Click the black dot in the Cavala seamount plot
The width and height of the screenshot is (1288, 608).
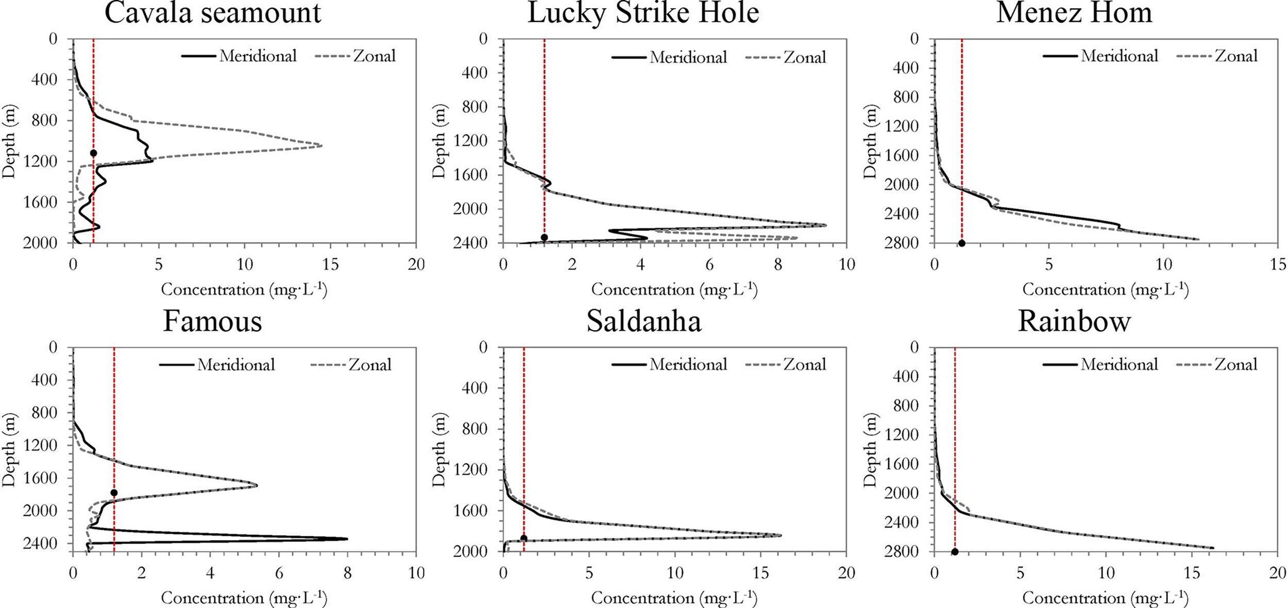pos(93,153)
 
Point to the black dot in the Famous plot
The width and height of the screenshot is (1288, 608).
pos(114,493)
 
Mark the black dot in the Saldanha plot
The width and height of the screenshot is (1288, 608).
pos(523,538)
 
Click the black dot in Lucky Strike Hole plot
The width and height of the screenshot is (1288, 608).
pos(544,238)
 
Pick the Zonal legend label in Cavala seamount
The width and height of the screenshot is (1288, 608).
pos(374,56)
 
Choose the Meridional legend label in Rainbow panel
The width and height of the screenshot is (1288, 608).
pos(1119,364)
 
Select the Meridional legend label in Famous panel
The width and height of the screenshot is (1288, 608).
pos(236,365)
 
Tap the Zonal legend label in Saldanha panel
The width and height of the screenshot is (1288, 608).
pos(805,364)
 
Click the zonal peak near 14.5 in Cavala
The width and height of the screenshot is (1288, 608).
pos(321,145)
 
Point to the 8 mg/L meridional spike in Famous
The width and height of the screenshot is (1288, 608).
pos(347,539)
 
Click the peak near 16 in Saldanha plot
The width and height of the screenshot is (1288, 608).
pos(780,535)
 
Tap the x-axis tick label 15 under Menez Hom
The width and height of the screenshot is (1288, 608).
pos(1278,265)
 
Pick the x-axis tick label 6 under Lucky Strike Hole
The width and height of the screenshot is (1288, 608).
pos(709,265)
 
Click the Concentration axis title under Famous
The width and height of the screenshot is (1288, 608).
pos(244,598)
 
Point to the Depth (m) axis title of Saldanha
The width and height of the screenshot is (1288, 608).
pos(438,449)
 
